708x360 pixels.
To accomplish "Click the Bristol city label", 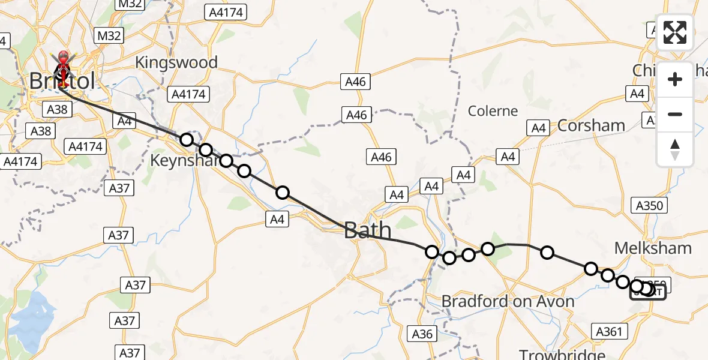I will pos(62,81).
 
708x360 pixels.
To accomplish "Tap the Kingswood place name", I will pos(175,62).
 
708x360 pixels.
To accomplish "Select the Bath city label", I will pos(368,230).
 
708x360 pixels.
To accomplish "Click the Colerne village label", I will pos(493,111).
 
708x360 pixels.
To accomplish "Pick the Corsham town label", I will pos(591,125).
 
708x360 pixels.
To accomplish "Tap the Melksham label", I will pos(653,248).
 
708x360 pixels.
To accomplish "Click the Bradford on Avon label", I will pos(508,301).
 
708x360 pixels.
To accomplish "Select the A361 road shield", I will pos(610,331).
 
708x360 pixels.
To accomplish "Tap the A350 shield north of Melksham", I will pos(649,206).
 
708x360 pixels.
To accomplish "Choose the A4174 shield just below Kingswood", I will pos(188,94).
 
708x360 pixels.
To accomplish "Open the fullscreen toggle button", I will pos(675,32).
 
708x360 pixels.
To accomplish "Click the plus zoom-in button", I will pos(675,79).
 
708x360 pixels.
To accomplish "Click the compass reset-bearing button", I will pos(675,149).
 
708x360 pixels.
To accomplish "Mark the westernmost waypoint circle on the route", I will pos(187,140).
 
